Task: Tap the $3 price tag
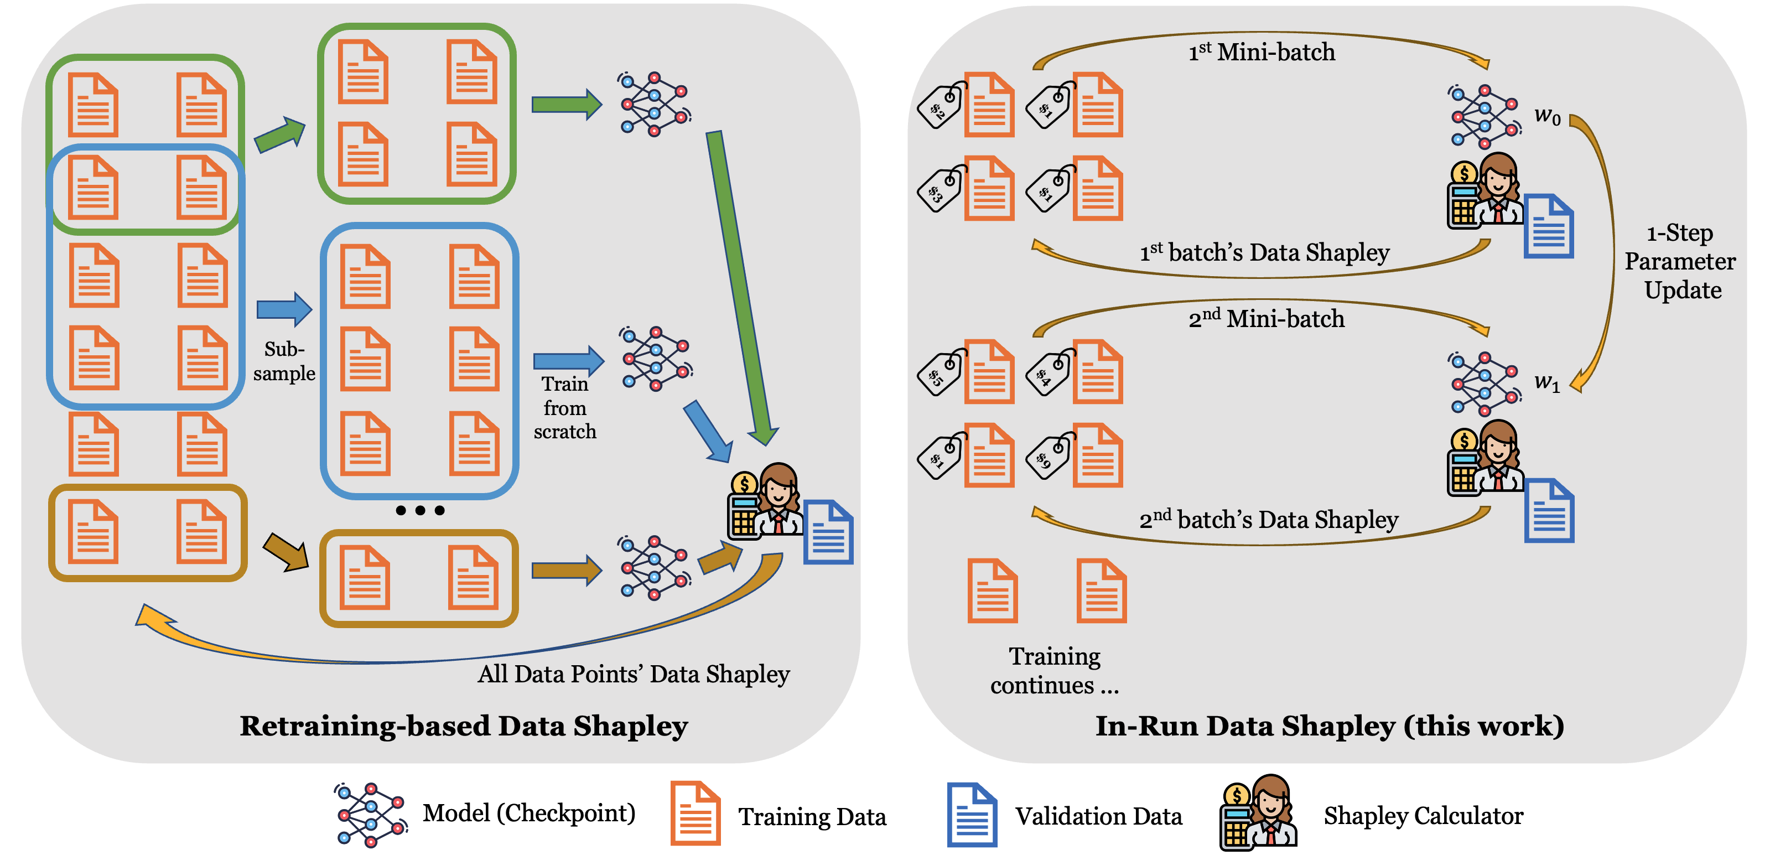point(941,189)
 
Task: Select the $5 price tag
point(941,373)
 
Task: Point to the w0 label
point(1547,115)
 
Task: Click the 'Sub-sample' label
point(284,361)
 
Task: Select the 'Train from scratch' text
point(565,407)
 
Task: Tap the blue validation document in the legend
point(972,815)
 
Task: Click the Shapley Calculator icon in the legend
point(1258,813)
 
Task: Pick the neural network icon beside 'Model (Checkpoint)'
point(371,815)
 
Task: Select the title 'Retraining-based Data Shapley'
point(464,726)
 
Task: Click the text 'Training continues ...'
point(1054,671)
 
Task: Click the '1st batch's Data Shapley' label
point(1264,252)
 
